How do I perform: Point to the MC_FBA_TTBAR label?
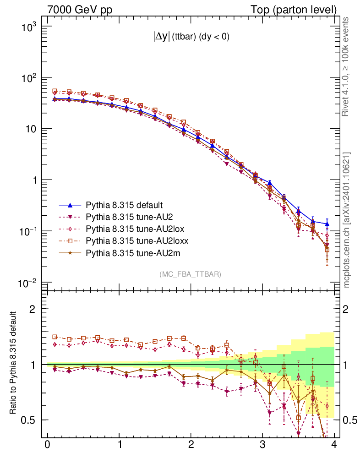pyautogui.click(x=190, y=274)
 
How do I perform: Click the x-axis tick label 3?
pyautogui.click(x=262, y=445)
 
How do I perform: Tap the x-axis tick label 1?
pyautogui.click(x=120, y=445)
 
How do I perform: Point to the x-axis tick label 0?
pyautogui.click(x=48, y=445)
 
